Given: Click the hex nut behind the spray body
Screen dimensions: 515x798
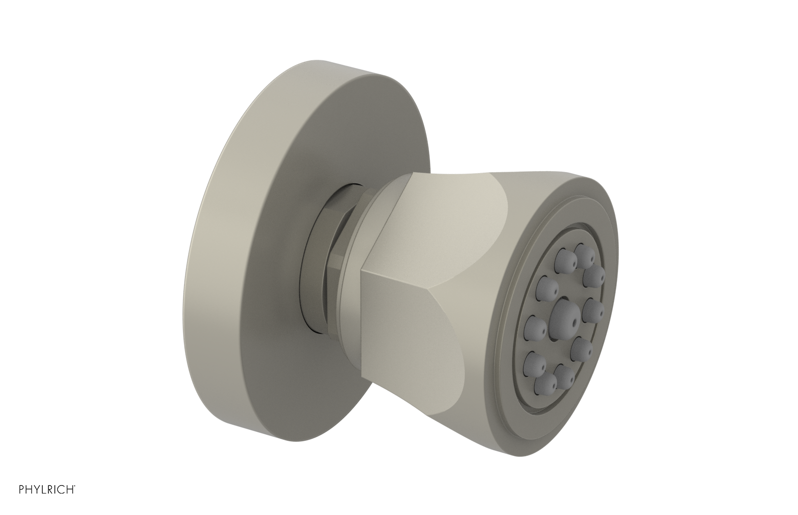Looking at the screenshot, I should click(327, 259).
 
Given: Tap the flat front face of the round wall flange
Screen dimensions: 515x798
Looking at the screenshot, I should click(239, 299).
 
